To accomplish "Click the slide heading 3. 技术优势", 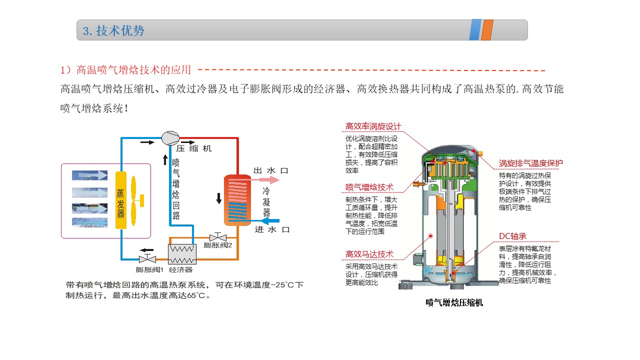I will click(113, 30).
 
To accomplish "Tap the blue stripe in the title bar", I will click(475, 30).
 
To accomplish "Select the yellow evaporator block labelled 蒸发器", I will click(120, 200).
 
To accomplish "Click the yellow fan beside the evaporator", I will click(135, 200).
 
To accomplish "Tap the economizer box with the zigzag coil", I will click(182, 253).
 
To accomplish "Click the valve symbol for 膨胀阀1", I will click(147, 259).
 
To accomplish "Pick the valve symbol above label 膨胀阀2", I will click(218, 236).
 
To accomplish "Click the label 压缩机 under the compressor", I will click(194, 148).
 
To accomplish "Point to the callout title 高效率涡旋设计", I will click(373, 126).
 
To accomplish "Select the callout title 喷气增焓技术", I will click(369, 187).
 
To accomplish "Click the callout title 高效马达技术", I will click(369, 254).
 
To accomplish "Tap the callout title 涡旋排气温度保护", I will click(530, 163).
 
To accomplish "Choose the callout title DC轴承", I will click(512, 236).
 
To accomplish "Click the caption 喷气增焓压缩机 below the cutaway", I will click(454, 302).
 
